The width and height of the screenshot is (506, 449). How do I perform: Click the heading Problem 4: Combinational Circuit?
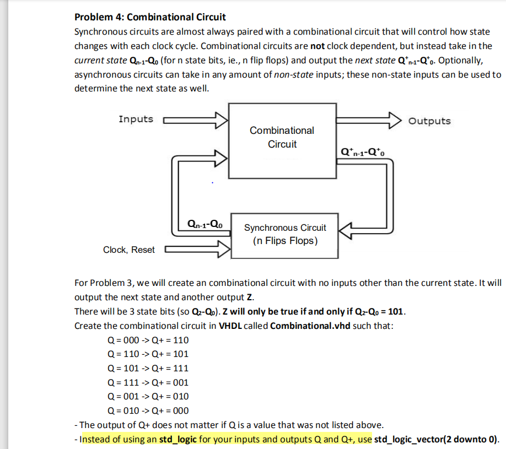point(150,17)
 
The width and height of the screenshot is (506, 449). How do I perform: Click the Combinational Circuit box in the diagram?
point(282,137)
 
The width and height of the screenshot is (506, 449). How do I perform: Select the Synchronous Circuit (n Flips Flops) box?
point(284,235)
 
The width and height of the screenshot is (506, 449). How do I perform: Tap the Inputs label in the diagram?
point(136,119)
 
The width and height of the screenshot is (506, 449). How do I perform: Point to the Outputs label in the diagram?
point(430,121)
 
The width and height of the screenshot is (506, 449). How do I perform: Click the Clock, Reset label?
point(129,250)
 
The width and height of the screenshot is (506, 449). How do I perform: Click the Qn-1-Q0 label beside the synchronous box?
point(205,224)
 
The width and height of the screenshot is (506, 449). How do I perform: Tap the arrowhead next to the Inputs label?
point(221,120)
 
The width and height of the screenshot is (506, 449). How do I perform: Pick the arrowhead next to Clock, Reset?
point(222,249)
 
